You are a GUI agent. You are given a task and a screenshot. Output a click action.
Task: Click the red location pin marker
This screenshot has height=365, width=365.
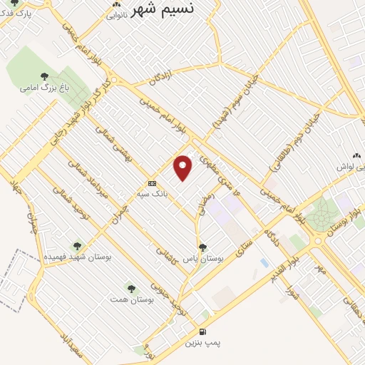184,167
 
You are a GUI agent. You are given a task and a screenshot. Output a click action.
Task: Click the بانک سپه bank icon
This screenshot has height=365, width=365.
151,182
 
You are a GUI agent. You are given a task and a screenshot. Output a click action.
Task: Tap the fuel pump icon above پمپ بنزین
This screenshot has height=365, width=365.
203,331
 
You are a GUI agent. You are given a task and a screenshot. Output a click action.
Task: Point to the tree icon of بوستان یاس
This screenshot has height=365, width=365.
203,247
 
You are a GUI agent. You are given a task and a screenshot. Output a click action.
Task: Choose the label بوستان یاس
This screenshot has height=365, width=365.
203,259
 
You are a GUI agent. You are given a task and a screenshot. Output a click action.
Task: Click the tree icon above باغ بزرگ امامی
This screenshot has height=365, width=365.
44,76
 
